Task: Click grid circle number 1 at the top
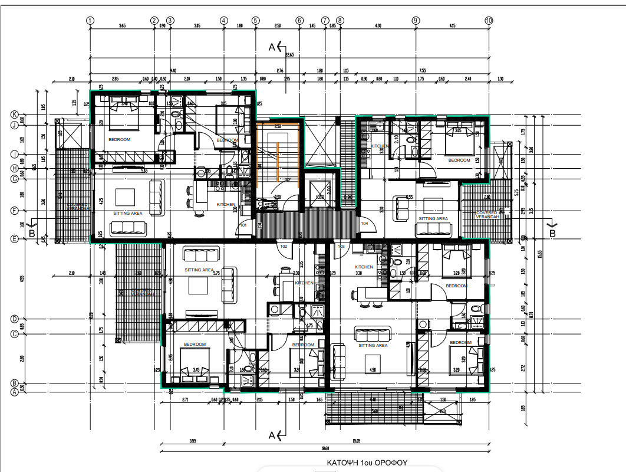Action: coord(90,20)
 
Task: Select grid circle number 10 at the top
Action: coord(489,20)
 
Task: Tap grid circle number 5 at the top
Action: coord(255,20)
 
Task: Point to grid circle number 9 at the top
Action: coord(416,20)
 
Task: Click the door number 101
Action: coord(243,225)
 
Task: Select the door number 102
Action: coord(284,246)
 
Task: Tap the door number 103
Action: coord(341,246)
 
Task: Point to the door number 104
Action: coord(364,224)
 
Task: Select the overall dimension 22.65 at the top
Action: coord(289,55)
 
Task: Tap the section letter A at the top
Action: coord(272,47)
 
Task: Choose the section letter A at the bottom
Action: coord(272,436)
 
